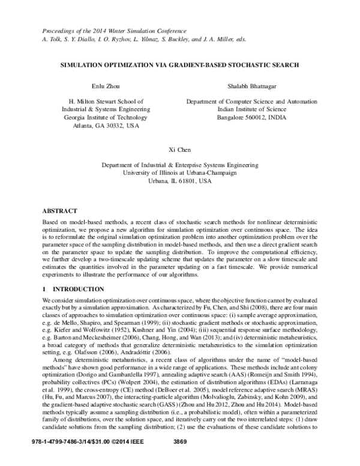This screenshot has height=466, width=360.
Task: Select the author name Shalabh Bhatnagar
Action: (247, 88)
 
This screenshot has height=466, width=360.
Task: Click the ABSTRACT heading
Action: (60, 211)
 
